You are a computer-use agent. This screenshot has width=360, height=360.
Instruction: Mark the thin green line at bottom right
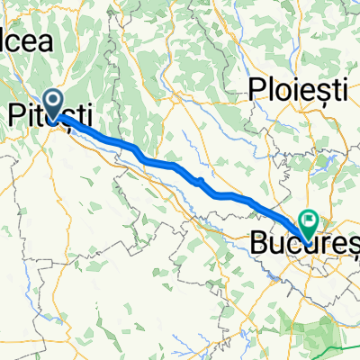coord(333,347)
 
